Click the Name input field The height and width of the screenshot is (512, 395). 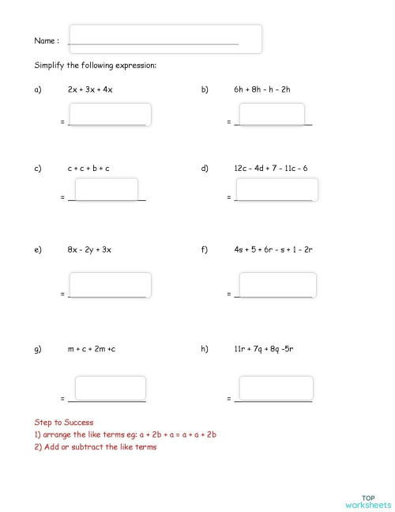[x=164, y=39]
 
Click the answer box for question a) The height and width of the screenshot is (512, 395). [x=110, y=115]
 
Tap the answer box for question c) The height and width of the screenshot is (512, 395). [x=105, y=189]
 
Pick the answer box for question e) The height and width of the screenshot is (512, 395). [x=110, y=285]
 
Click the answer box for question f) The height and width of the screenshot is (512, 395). [x=276, y=285]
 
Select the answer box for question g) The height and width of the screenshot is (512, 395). [x=110, y=388]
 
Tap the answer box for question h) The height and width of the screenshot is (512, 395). [x=276, y=388]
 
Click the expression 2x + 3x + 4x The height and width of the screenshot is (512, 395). [x=91, y=90]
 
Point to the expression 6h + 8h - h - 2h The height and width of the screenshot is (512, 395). [x=262, y=90]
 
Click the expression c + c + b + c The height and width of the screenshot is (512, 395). [x=88, y=169]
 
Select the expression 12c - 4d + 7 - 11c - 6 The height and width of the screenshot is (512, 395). [x=270, y=169]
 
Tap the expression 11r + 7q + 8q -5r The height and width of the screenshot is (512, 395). [x=262, y=349]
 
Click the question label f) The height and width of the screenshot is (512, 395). [x=205, y=250]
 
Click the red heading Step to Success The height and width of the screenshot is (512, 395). [x=64, y=423]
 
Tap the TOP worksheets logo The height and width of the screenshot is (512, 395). [x=367, y=501]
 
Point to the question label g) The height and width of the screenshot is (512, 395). [x=38, y=349]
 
